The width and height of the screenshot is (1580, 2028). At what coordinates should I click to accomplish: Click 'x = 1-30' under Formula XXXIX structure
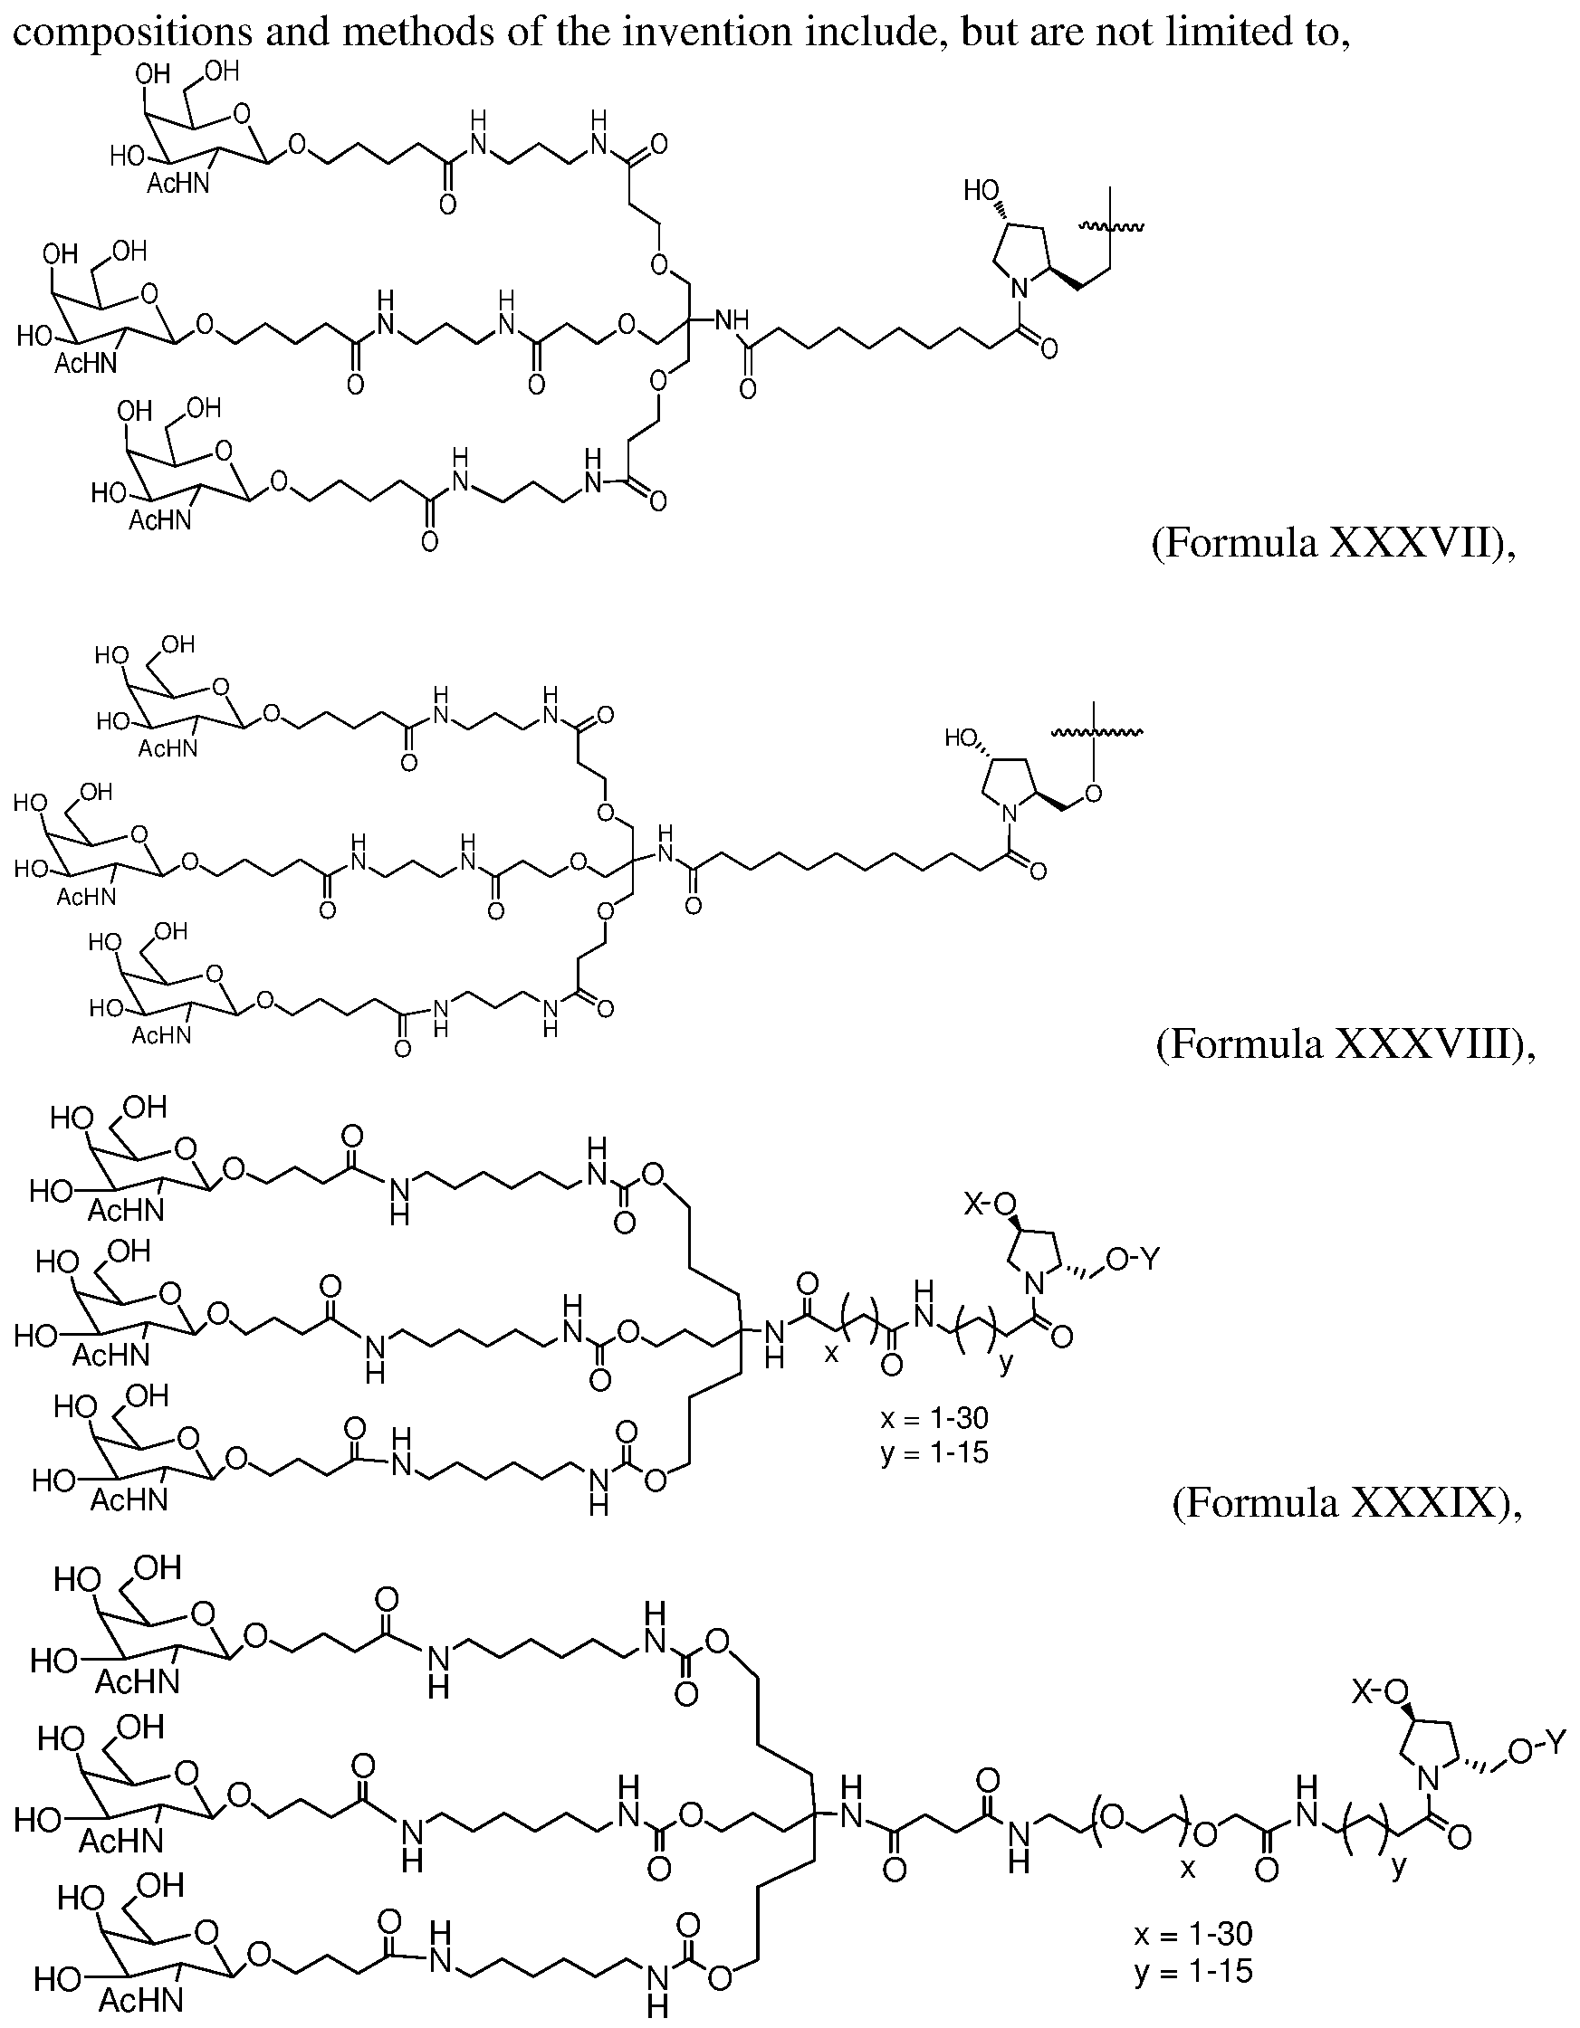tap(934, 1418)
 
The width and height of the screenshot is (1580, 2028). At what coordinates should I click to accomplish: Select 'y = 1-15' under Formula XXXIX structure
tap(934, 1451)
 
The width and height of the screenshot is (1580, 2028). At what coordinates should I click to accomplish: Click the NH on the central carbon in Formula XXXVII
tap(730, 321)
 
